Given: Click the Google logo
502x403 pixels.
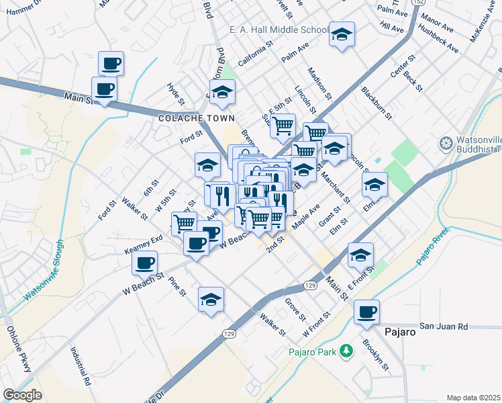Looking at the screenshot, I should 22,395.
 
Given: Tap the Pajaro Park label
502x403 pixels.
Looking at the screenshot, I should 311,351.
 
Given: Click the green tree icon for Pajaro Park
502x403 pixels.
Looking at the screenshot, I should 346,350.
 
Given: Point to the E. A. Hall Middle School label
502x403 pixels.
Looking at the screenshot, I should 279,30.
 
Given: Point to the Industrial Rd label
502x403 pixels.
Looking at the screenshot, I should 80,365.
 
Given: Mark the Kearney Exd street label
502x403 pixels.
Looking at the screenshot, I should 144,244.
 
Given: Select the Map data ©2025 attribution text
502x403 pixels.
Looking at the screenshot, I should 473,398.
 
